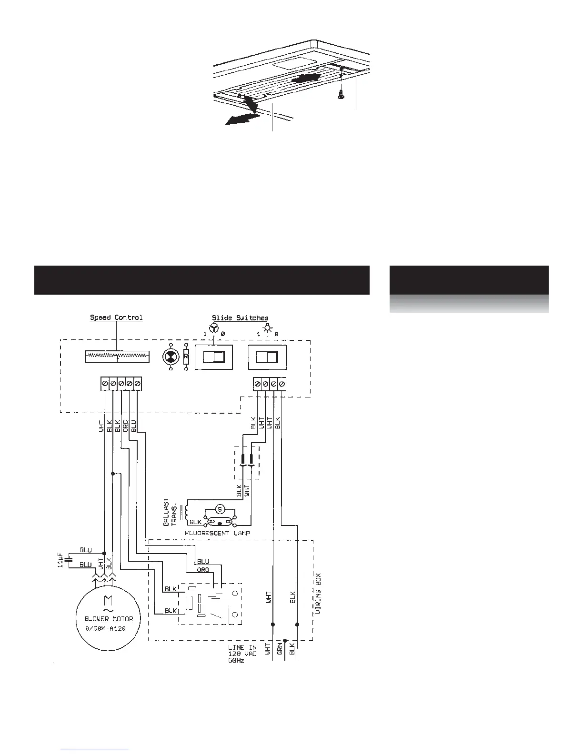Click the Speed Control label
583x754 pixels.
point(116,317)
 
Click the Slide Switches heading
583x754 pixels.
point(240,317)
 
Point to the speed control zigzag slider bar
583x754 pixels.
point(117,357)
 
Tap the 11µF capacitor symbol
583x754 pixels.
point(70,557)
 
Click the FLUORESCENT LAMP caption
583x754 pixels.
point(217,533)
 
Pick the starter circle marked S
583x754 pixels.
point(220,509)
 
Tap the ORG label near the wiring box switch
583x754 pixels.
point(203,569)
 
